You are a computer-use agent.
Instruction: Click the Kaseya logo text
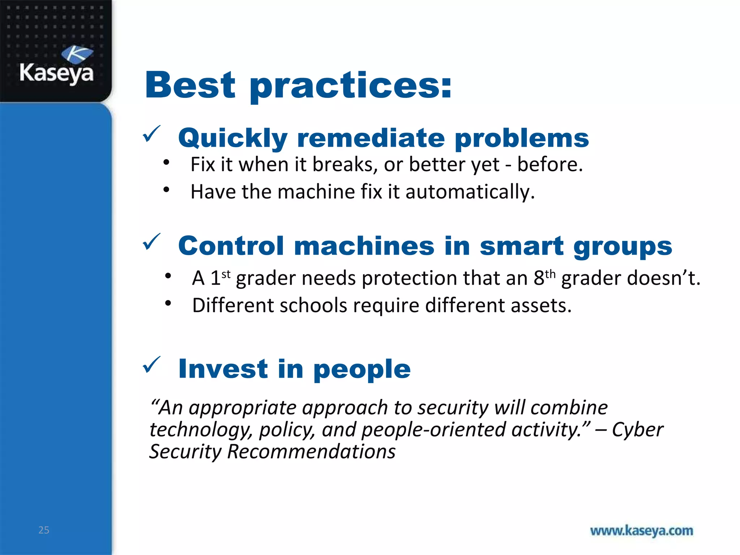pyautogui.click(x=56, y=73)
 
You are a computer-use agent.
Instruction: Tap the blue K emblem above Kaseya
pyautogui.click(x=77, y=54)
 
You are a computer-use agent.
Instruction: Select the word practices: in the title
pyautogui.click(x=350, y=87)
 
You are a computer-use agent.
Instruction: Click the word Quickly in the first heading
pyautogui.click(x=233, y=139)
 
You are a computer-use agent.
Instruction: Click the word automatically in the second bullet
pyautogui.click(x=470, y=192)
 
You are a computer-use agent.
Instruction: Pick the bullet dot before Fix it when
pyautogui.click(x=166, y=163)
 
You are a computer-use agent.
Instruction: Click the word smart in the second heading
pyautogui.click(x=521, y=246)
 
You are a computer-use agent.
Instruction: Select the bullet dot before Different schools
pyautogui.click(x=168, y=303)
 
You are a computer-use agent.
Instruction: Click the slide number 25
pyautogui.click(x=44, y=530)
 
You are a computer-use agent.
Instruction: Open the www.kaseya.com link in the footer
pyautogui.click(x=641, y=531)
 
